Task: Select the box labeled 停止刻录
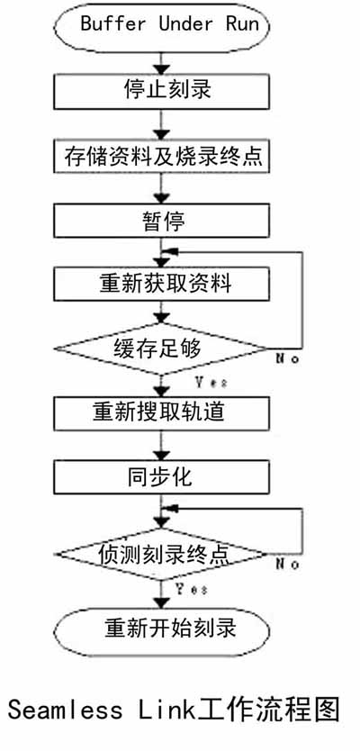pos(161,92)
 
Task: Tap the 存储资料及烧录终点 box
pos(161,155)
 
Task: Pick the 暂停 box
pos(161,220)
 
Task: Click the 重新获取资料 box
pos(161,284)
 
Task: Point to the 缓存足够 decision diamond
pos(160,348)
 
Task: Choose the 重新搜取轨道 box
pos(161,412)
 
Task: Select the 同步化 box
pos(161,477)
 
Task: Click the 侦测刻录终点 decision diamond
pos(160,555)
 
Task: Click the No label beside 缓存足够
pos(287,358)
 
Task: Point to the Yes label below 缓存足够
pos(211,383)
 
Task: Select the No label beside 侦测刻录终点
pos(287,564)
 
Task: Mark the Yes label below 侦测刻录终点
pos(192,588)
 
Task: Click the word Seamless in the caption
pos(65,710)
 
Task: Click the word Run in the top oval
pos(243,23)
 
